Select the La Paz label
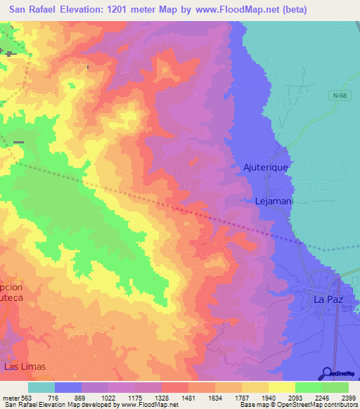pos(327,299)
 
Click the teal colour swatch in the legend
pos(41,387)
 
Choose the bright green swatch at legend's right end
pos(335,387)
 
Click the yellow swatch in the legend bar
pos(282,387)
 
